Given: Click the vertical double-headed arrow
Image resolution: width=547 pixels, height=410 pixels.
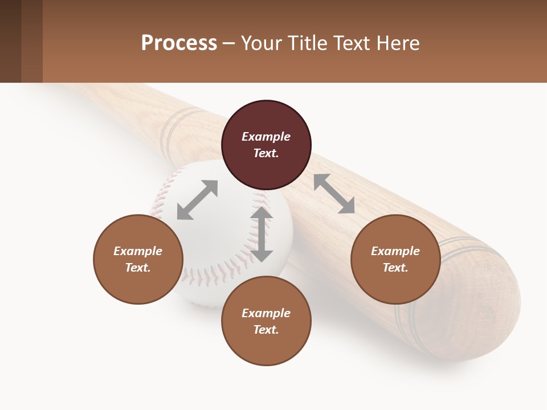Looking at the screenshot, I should point(262,234).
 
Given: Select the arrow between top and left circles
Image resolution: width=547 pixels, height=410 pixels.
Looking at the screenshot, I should point(197,200).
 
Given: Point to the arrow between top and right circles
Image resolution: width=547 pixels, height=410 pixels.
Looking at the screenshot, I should point(334,194).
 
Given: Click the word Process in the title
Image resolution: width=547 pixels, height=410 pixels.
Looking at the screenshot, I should point(179,43).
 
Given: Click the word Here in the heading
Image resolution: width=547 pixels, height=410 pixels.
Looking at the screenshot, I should point(397,43).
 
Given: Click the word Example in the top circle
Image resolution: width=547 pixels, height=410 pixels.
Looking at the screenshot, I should point(266,137).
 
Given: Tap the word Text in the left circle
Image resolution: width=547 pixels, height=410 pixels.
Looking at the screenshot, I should point(137,268).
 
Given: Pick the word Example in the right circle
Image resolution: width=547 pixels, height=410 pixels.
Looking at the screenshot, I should point(395,251).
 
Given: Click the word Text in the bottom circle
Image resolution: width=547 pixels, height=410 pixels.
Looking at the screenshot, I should point(266,330).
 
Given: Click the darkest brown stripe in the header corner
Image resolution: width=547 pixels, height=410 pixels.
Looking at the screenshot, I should point(10,41).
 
